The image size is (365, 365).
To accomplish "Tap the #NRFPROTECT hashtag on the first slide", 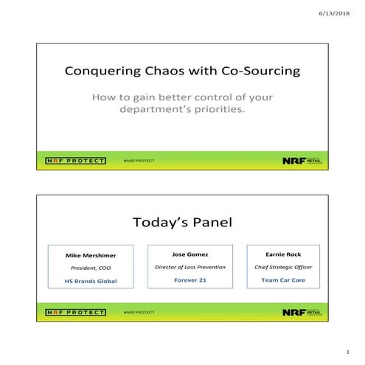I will [139, 159].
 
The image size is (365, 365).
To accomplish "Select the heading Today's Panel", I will [182, 222].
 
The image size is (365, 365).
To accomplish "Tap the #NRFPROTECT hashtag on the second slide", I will [139, 313].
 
